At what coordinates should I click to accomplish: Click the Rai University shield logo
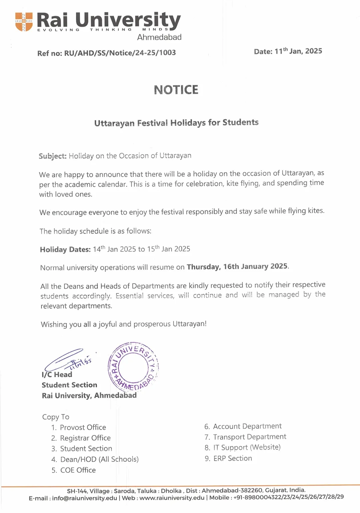[x=24, y=22]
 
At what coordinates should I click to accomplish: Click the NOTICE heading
[x=176, y=90]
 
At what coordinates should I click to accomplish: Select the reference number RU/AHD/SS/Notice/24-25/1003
[x=120, y=53]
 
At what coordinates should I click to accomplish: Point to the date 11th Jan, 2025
[x=298, y=51]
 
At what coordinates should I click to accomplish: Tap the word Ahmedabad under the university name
[x=159, y=37]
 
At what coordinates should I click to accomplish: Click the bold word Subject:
[x=53, y=156]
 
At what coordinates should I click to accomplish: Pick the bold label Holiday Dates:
[x=65, y=250]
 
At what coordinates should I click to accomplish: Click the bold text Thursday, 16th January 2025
[x=237, y=266]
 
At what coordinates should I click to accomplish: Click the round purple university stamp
[x=133, y=367]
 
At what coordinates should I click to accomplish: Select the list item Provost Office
[x=83, y=427]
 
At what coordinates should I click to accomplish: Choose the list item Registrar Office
[x=85, y=438]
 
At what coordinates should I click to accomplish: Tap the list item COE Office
[x=78, y=470]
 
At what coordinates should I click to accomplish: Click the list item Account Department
[x=247, y=426]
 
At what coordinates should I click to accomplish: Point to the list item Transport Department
[x=250, y=437]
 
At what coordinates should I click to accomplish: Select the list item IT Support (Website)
[x=247, y=447]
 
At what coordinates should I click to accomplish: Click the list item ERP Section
[x=233, y=458]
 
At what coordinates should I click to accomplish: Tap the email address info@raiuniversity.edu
[x=85, y=498]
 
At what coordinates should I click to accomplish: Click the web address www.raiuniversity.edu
[x=172, y=498]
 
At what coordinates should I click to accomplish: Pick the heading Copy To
[x=56, y=417]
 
